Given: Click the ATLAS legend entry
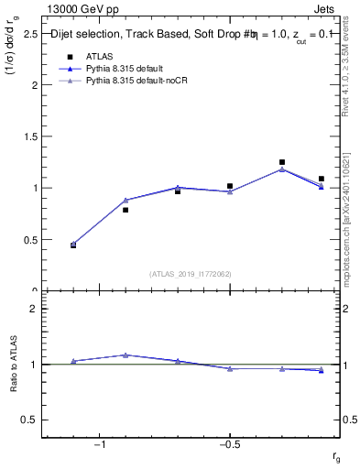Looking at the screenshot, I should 100,56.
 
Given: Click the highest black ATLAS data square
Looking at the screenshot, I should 282,162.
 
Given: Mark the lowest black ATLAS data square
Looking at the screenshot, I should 73,245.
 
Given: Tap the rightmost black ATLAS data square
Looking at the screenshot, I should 321,179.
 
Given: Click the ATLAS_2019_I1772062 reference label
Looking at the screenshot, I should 191,274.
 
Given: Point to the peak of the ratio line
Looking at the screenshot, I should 125,354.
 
